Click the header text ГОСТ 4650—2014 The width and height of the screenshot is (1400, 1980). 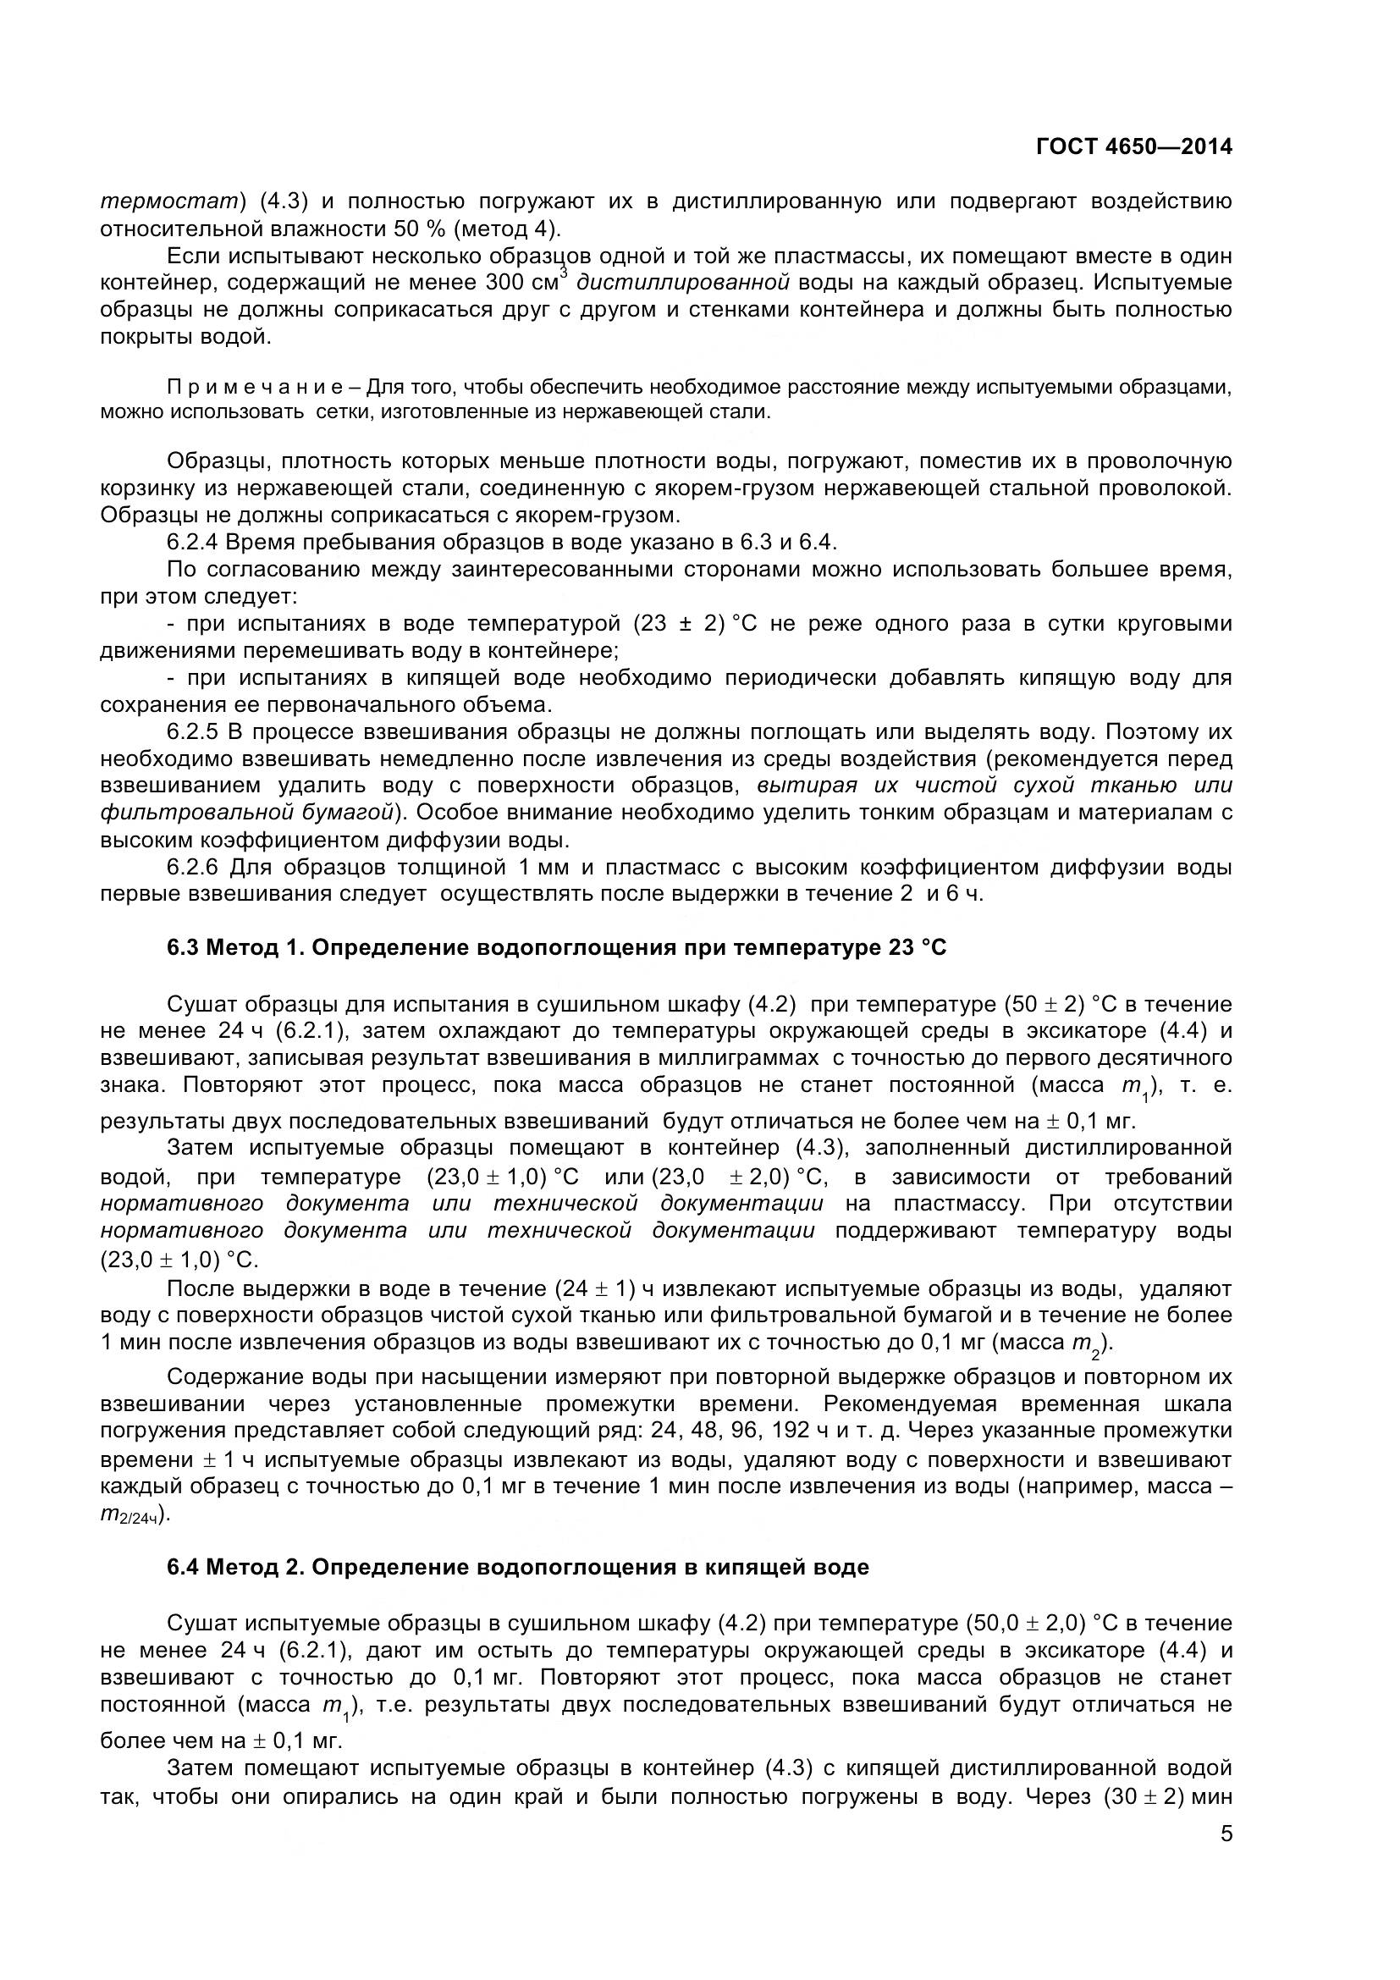pos(1133,147)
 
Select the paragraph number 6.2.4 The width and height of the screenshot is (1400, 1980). pos(194,543)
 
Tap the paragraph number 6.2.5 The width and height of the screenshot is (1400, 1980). pos(194,732)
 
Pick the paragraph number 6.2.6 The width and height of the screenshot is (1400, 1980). pos(194,867)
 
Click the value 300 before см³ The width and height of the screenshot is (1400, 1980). pos(504,283)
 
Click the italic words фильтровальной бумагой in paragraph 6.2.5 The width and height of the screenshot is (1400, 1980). pos(247,813)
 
